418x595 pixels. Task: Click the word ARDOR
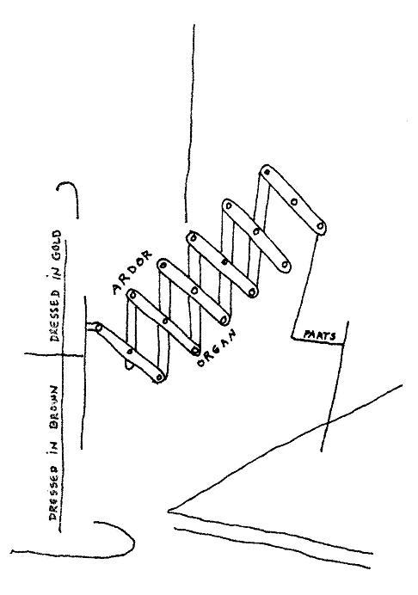[132, 272]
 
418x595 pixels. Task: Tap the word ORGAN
[217, 348]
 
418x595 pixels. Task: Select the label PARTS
[320, 335]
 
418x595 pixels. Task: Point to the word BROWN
[55, 409]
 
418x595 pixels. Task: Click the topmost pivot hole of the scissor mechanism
[267, 172]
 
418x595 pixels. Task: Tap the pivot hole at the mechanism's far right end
[320, 227]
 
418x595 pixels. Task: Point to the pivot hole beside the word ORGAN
[195, 350]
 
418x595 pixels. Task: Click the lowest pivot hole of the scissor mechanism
[159, 377]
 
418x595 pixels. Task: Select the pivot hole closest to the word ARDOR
[132, 294]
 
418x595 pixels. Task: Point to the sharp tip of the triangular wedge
[169, 511]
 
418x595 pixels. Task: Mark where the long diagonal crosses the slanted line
[329, 420]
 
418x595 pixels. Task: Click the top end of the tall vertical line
[194, 25]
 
